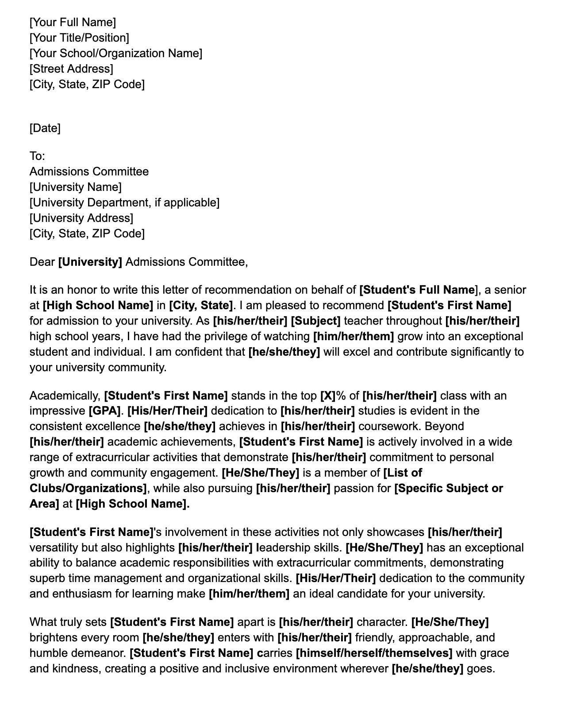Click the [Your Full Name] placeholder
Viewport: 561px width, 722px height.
pyautogui.click(x=73, y=22)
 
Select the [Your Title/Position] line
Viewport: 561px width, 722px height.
pyautogui.click(x=79, y=38)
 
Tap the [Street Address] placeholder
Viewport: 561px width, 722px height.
pyautogui.click(x=71, y=69)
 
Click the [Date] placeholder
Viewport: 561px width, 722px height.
pyautogui.click(x=45, y=128)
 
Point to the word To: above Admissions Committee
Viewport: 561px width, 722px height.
pyautogui.click(x=37, y=156)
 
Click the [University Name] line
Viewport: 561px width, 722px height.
pyautogui.click(x=75, y=187)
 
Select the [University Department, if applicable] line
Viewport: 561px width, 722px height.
pyautogui.click(x=124, y=202)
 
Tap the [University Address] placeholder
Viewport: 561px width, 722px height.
pyautogui.click(x=81, y=218)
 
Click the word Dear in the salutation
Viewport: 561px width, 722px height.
pyautogui.click(x=42, y=262)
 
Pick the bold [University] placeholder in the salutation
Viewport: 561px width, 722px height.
pyautogui.click(x=90, y=262)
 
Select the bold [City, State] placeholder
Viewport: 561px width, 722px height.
pyautogui.click(x=201, y=305)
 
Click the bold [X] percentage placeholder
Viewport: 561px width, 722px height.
pyautogui.click(x=328, y=396)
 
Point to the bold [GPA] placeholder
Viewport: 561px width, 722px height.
pyautogui.click(x=104, y=411)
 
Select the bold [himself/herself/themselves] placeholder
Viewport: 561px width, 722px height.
pyautogui.click(x=374, y=653)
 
